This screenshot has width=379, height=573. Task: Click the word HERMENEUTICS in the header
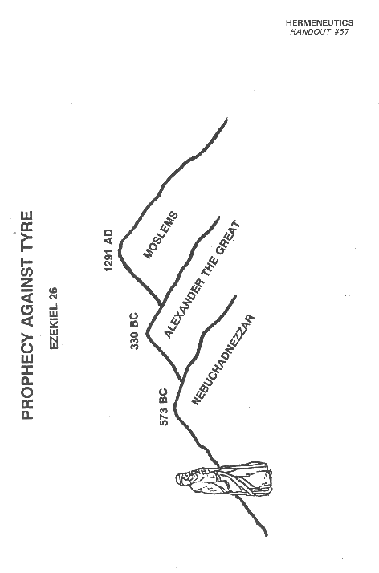320,23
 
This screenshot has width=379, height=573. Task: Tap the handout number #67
341,32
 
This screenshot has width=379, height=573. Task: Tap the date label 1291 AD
109,250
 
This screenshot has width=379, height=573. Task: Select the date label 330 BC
134,331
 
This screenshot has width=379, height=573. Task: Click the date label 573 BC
164,407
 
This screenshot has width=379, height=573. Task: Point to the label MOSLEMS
161,235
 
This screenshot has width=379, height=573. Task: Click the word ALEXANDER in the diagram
183,308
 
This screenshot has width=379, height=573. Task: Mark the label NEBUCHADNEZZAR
223,360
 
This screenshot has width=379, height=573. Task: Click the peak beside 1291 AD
120,250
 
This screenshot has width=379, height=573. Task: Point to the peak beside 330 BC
148,333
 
